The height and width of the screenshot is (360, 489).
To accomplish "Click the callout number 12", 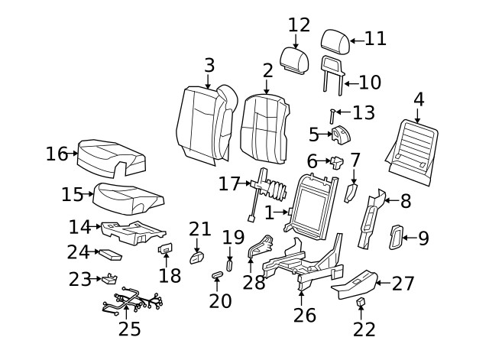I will pos(300,25).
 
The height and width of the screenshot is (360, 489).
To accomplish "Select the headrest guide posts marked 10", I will pos(331,73).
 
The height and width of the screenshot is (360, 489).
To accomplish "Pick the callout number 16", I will pos(57,154).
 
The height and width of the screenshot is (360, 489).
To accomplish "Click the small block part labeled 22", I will pos(361,303).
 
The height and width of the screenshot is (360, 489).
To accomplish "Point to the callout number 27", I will pos(403,284).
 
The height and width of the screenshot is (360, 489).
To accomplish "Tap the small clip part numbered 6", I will pos(336,161).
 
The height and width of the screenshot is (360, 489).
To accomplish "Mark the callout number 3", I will pos(209,66).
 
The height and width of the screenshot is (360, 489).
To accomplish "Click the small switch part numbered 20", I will pos(217,274).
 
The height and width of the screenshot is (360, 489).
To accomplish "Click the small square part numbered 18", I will pos(165,248).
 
